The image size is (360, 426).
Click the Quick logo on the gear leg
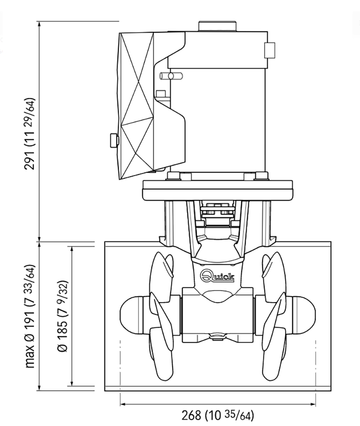pyautogui.click(x=217, y=276)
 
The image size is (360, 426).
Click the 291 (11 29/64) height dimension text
pyautogui.click(x=30, y=134)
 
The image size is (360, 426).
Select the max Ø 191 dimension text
pyautogui.click(x=30, y=316)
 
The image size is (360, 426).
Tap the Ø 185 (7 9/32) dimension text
pyautogui.click(x=63, y=316)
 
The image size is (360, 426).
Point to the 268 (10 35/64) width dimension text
pyautogui.click(x=218, y=415)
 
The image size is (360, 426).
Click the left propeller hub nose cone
pyautogui.click(x=131, y=315)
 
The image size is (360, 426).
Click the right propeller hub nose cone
pyautogui.click(x=304, y=315)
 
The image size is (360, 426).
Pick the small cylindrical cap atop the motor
pyautogui.click(x=218, y=26)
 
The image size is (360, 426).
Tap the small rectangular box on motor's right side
pyautogui.click(x=270, y=50)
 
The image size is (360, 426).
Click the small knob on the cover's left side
pyautogui.click(x=114, y=140)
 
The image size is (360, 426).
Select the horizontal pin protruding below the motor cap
pyautogui.click(x=171, y=76)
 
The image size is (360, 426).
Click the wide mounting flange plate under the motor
pyautogui.click(x=218, y=190)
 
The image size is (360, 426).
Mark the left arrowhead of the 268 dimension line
pyautogui.click(x=123, y=404)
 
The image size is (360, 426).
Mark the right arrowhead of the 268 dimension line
pyautogui.click(x=313, y=404)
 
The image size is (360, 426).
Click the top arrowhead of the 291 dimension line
pyautogui.click(x=39, y=24)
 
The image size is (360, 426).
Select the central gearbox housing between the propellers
pyautogui.click(x=218, y=315)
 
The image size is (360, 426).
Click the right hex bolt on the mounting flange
pyautogui.click(x=262, y=176)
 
